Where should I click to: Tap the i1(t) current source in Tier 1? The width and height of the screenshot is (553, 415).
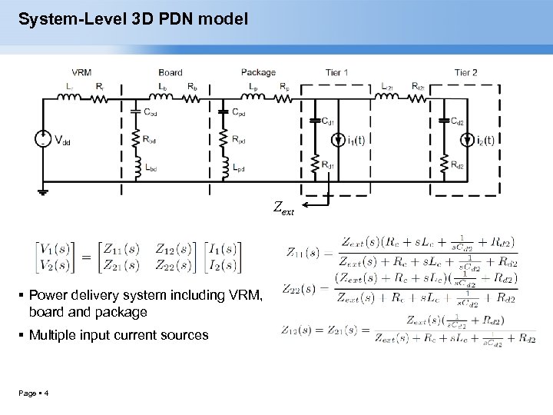tap(339, 141)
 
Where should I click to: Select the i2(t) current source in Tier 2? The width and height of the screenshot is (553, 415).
tap(467, 141)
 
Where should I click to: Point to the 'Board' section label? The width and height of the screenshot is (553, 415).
tap(170, 73)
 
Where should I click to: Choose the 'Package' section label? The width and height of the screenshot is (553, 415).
tap(258, 73)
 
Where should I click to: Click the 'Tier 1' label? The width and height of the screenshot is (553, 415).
tap(336, 73)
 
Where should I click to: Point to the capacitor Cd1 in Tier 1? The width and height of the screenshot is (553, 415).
tap(314, 120)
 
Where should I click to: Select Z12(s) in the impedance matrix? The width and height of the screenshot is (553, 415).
tap(171, 249)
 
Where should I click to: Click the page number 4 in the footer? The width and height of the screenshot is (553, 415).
tap(48, 394)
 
